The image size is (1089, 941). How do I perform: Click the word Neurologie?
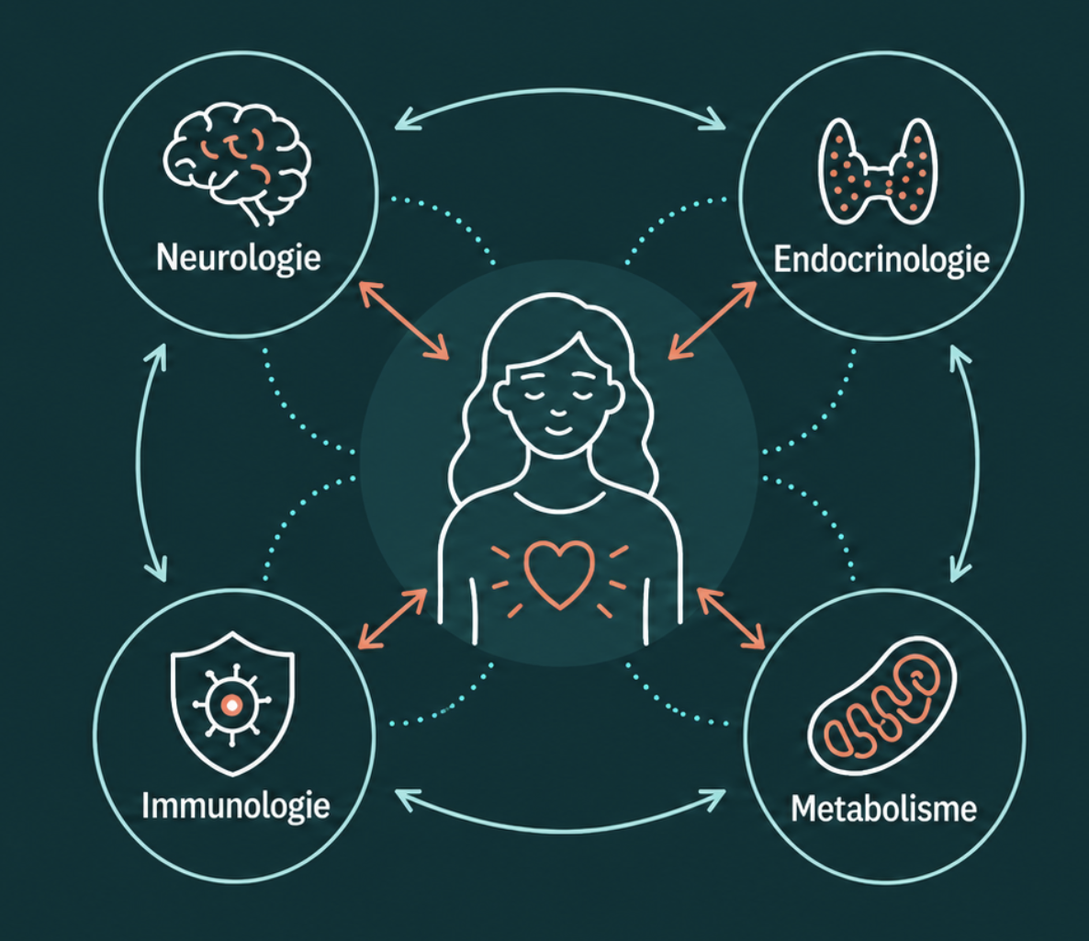coord(238,258)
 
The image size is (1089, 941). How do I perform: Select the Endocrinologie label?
coord(881,260)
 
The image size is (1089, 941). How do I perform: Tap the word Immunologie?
coord(235,806)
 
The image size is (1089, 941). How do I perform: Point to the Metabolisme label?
coord(883,809)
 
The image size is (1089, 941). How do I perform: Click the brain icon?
coord(237,164)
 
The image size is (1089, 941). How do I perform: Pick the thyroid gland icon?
coord(878,171)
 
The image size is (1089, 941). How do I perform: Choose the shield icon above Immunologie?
coord(232,703)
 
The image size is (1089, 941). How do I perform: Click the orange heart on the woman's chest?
coord(559,574)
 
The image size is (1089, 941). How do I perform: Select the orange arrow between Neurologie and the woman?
coord(404,321)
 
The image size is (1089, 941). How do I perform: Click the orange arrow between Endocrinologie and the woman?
coord(713,320)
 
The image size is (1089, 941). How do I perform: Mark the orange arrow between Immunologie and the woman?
coord(393,618)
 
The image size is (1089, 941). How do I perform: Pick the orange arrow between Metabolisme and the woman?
coord(731,618)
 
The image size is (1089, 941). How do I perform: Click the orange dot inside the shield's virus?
coord(232,706)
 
